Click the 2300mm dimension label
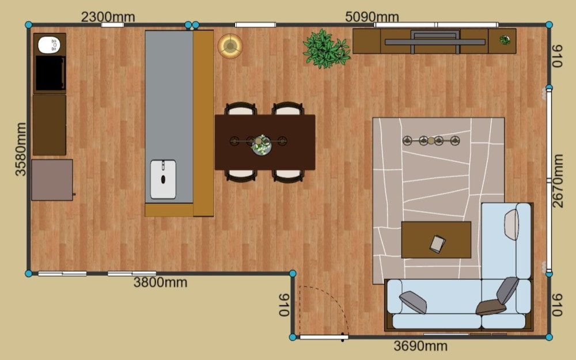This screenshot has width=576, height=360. point(108,17)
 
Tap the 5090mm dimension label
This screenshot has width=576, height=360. point(372,17)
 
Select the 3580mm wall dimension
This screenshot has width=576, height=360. point(21,149)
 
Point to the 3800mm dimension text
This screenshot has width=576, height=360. point(160,282)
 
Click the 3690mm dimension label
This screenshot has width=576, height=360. point(420,346)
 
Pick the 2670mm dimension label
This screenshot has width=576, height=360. point(557,181)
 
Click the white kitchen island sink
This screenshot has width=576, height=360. point(163,179)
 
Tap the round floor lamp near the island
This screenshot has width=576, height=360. point(230,46)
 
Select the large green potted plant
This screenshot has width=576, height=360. point(326,49)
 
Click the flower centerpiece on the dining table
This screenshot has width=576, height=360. point(261,146)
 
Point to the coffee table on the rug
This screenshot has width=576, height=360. point(436,240)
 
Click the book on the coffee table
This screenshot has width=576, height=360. point(438,244)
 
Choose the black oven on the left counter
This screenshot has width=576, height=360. point(50,74)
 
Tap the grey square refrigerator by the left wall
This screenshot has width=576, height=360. point(52,180)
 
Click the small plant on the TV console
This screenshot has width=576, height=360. point(505,40)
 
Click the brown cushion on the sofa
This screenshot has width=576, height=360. point(491,307)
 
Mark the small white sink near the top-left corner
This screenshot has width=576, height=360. point(49,44)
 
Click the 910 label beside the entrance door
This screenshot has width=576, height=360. point(285,305)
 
